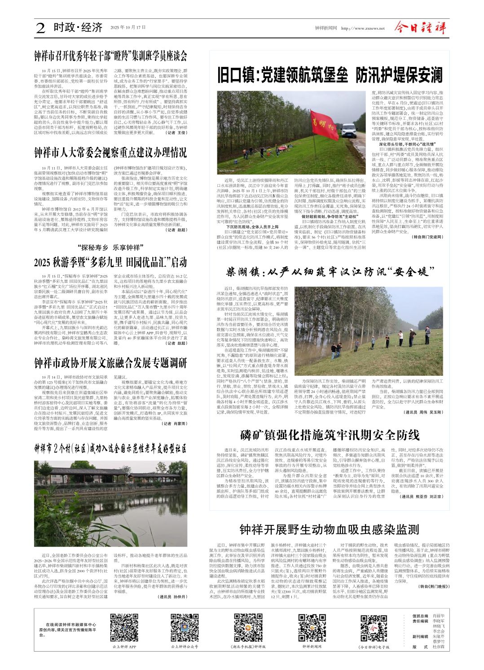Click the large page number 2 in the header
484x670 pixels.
coord(40,28)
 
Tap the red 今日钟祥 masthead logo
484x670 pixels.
coord(420,28)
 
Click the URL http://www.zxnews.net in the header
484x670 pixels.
coord(360,28)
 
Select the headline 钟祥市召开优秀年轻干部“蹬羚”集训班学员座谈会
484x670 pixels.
coord(110,56)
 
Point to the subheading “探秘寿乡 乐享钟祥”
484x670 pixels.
coord(110,247)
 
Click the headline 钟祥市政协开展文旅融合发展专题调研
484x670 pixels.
coord(110,362)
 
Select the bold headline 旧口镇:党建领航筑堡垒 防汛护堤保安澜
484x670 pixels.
coord(330,75)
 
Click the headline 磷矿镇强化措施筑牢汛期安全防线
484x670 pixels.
coord(329,435)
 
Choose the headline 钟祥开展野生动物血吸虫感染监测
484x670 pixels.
coord(329,529)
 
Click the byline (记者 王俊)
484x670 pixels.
coord(176,133)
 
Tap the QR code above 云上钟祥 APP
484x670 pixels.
coord(124,627)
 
